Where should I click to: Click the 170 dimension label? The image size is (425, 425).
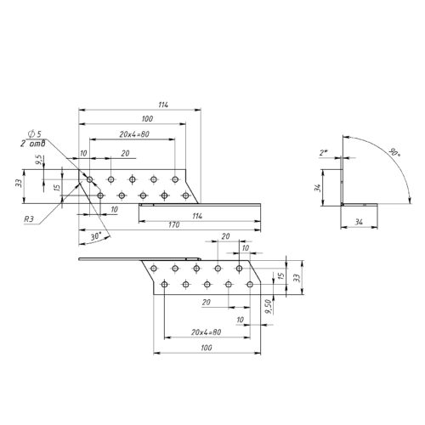[174, 224]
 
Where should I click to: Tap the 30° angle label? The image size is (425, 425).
[96, 236]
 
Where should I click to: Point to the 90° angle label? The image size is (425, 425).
[394, 152]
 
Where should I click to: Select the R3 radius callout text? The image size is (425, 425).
[29, 219]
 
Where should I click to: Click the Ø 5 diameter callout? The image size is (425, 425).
[34, 133]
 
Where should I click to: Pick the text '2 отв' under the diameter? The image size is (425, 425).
[32, 144]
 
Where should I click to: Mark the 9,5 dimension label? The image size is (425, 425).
[39, 160]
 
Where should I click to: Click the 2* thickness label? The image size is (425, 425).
[324, 153]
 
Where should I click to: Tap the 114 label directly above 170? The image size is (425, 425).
[197, 216]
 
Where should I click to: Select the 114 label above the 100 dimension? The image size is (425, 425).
[163, 105]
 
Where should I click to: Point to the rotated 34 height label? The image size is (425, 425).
[318, 188]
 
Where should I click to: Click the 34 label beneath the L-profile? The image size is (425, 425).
[359, 222]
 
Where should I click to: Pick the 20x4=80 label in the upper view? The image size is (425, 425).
[134, 134]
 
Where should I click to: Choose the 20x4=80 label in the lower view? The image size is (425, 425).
[206, 332]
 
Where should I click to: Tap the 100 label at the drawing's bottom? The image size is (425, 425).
[207, 348]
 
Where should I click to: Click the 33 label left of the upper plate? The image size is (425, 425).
[19, 183]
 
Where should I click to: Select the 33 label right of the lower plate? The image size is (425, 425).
[297, 278]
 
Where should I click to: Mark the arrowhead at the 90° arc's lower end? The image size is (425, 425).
[410, 200]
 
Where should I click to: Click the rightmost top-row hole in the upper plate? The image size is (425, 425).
[175, 179]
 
